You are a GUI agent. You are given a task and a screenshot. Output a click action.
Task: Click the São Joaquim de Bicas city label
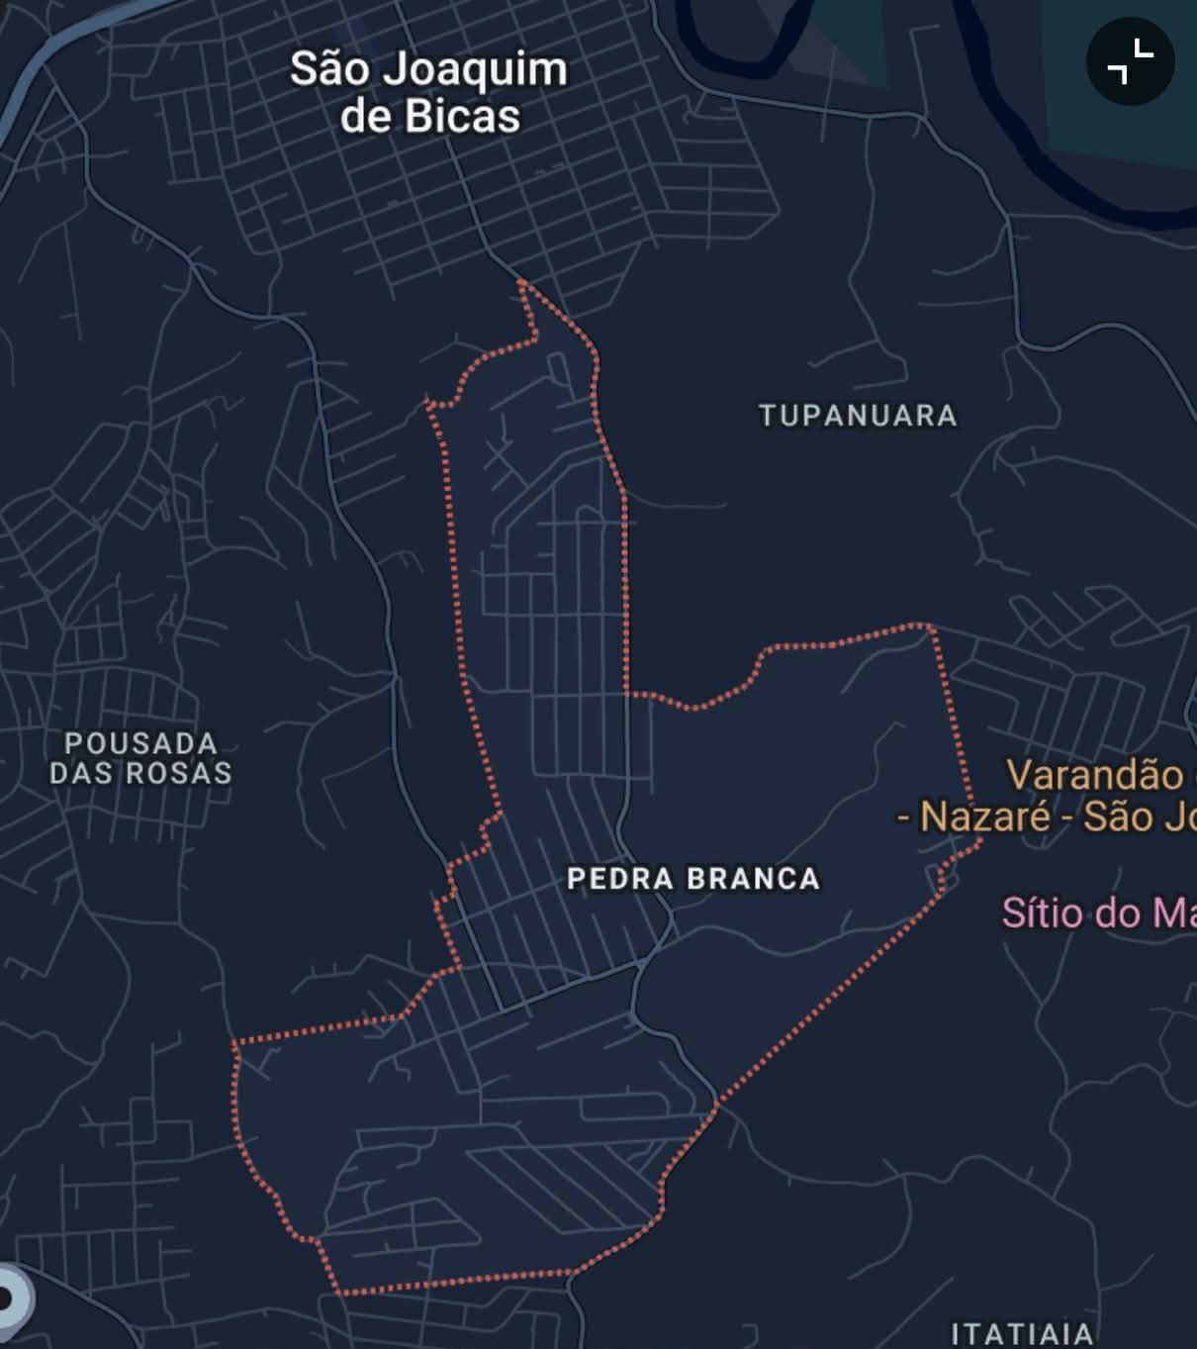click(428, 92)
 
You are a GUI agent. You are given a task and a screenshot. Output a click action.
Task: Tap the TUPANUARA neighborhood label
click(858, 416)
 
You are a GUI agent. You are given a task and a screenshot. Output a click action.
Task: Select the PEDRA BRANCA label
click(693, 879)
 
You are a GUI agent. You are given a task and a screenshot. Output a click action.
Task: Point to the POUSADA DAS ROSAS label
click(140, 758)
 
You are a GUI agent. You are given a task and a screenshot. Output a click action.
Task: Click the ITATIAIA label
click(1022, 1333)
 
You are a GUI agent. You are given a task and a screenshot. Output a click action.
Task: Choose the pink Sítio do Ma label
click(1098, 912)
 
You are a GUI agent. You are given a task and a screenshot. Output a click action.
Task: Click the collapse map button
click(1130, 61)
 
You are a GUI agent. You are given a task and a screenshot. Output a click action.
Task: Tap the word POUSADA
click(140, 743)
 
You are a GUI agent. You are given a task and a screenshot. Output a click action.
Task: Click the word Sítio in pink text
click(1039, 912)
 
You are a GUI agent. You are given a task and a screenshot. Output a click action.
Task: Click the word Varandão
click(1094, 775)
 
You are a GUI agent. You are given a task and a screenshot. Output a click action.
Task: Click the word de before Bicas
click(364, 117)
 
